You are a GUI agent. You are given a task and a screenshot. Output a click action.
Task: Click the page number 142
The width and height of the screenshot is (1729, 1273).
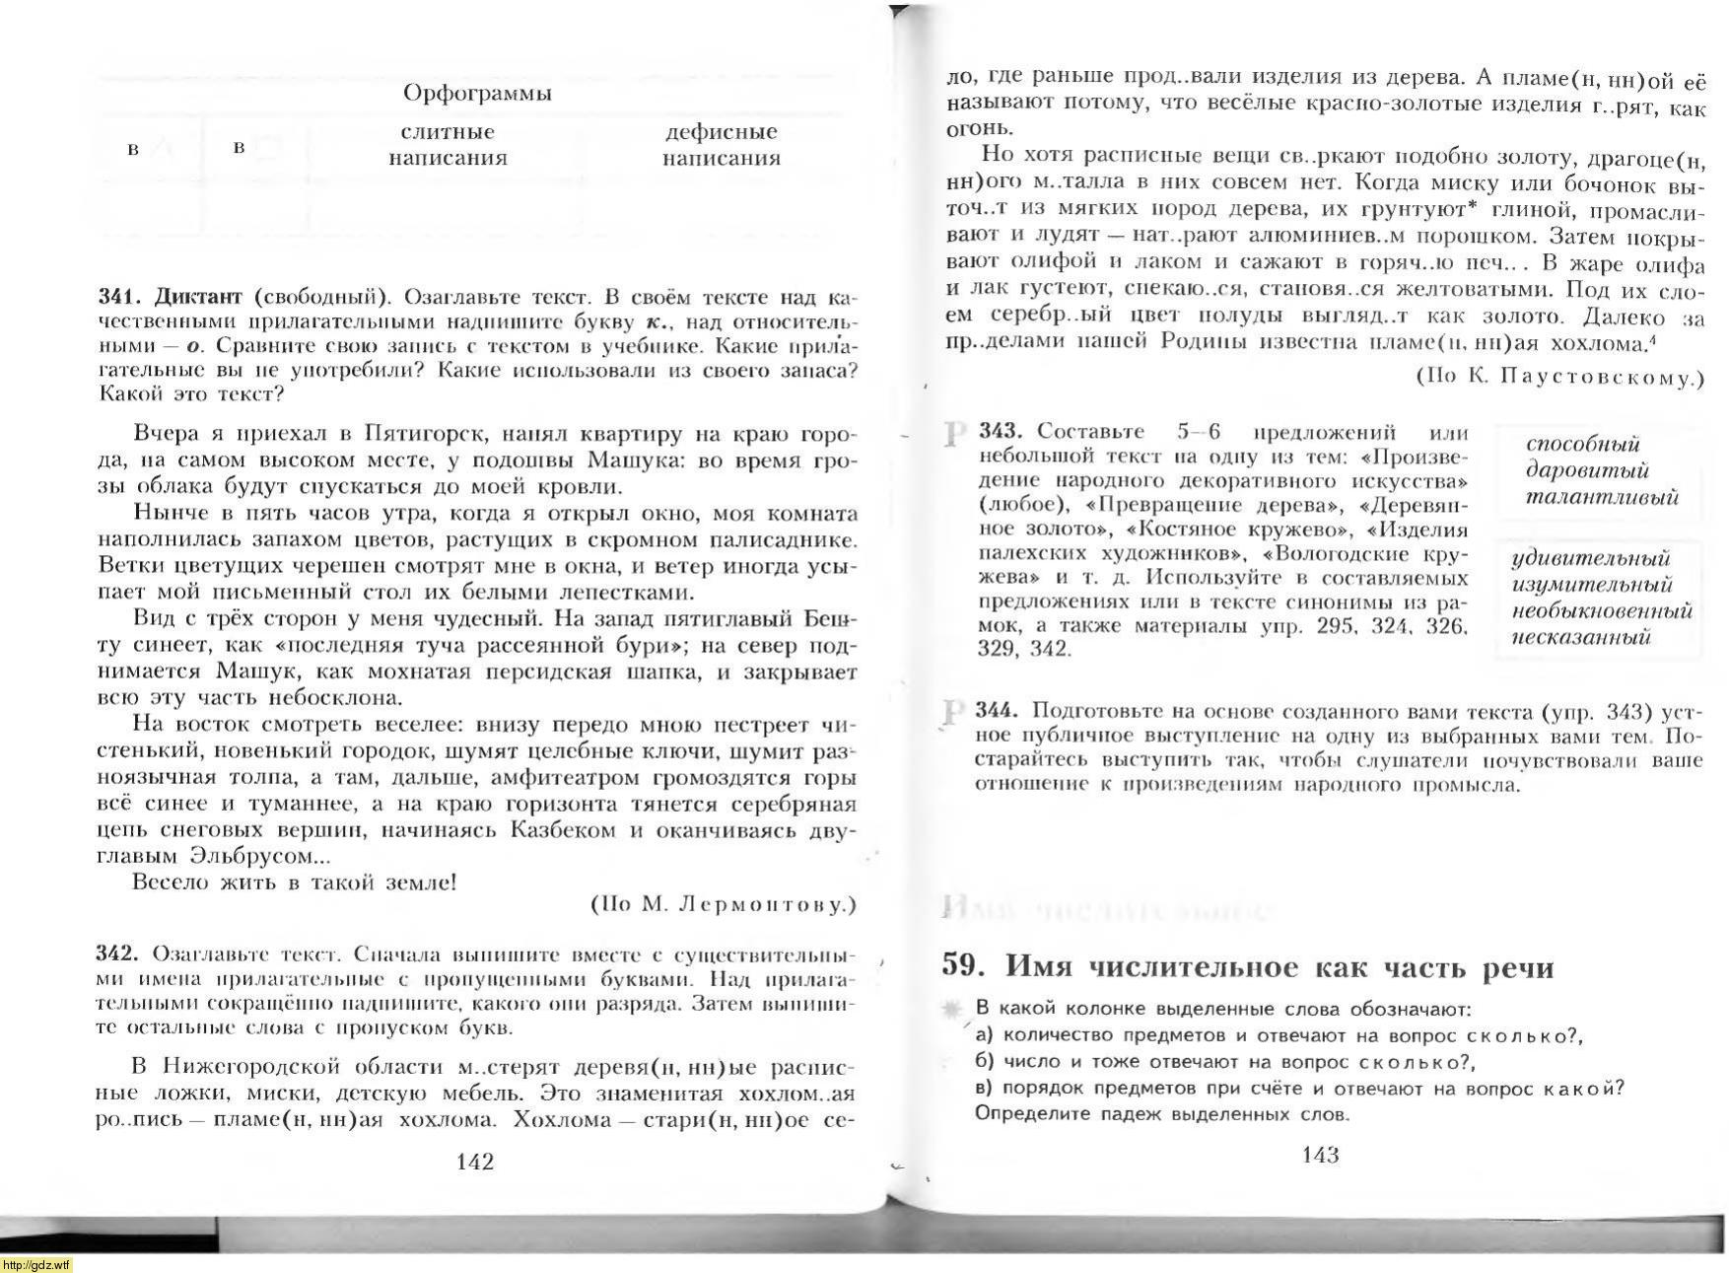[475, 1162]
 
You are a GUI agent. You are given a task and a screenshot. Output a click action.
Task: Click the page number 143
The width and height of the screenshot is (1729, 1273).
[1320, 1155]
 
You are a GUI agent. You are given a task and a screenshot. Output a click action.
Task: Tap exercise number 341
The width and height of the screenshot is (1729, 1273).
[120, 297]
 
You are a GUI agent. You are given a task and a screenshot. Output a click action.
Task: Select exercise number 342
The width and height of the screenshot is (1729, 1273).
[119, 955]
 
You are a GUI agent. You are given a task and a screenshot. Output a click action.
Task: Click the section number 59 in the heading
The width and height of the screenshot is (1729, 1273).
[964, 965]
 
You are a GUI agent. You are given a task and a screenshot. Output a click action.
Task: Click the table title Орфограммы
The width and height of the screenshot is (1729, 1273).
[477, 94]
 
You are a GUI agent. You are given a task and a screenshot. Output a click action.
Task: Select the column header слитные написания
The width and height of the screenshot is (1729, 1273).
[448, 145]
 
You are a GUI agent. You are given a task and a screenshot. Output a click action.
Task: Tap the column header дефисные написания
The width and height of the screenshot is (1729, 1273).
[721, 145]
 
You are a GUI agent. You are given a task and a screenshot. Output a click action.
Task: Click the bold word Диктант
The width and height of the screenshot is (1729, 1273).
[198, 297]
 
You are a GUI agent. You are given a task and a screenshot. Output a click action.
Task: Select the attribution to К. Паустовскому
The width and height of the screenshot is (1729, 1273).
[1560, 377]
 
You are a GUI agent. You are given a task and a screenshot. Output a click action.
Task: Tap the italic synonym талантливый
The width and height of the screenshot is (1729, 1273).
[1601, 497]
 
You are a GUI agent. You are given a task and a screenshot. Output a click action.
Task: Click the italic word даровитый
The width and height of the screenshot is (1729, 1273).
[1586, 470]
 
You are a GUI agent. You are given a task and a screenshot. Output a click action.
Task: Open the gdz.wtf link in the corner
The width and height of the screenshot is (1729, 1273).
[36, 1265]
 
